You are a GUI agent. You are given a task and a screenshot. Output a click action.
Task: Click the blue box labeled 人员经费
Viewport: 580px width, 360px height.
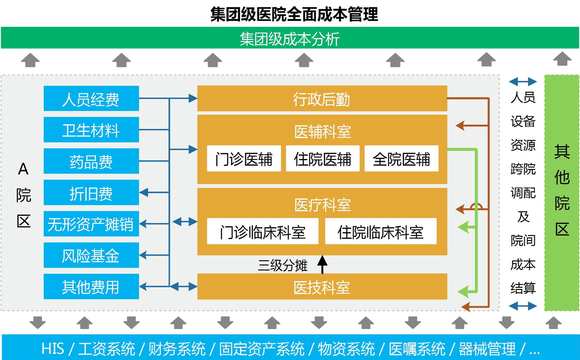click(91, 99)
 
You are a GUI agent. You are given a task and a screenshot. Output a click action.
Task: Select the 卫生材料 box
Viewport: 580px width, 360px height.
click(91, 130)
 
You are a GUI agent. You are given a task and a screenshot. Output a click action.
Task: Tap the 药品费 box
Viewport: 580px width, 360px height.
click(91, 161)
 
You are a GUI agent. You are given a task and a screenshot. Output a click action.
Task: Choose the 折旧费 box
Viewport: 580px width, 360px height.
click(91, 193)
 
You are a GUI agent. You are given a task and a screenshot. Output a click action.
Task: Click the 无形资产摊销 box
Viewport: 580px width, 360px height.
click(91, 224)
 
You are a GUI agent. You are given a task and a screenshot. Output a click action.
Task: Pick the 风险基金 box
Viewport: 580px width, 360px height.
click(91, 255)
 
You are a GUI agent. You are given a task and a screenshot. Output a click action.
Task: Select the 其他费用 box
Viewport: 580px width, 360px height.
click(91, 287)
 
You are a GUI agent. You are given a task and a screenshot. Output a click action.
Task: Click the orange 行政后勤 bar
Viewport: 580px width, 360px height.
click(322, 99)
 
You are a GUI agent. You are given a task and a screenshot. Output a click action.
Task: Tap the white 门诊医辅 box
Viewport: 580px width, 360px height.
click(244, 159)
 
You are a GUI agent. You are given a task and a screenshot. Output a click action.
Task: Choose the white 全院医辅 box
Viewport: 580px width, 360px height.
click(401, 159)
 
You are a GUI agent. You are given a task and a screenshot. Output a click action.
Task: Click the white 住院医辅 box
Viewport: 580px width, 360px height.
click(322, 159)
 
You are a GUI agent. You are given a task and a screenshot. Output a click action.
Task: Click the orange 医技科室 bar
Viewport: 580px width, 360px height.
click(322, 287)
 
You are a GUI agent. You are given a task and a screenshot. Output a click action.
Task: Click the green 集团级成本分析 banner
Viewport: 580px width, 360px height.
click(290, 38)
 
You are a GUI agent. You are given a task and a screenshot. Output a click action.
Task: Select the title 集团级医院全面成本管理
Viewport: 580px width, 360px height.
click(294, 14)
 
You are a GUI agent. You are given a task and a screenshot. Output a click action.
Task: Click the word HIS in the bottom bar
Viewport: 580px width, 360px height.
click(53, 349)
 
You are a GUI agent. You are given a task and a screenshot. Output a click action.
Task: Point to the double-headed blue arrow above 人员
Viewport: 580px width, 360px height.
click(523, 81)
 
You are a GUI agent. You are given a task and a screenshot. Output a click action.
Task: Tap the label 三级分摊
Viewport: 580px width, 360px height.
click(282, 265)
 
